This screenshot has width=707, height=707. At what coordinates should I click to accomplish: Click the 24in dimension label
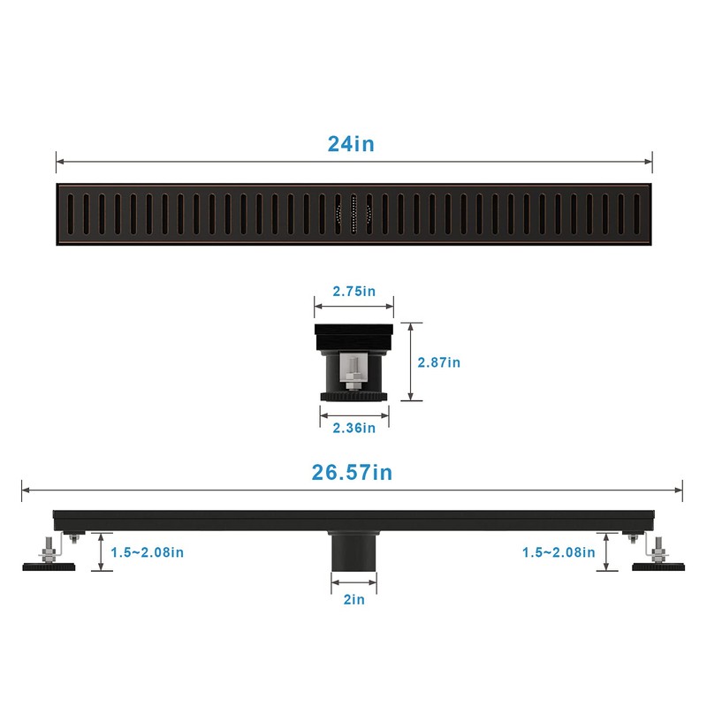(351, 143)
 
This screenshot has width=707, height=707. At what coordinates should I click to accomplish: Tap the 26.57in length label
(351, 472)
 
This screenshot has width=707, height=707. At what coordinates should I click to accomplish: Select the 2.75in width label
(353, 291)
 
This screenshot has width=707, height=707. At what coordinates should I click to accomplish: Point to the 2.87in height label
(439, 361)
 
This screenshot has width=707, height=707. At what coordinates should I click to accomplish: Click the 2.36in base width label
(353, 428)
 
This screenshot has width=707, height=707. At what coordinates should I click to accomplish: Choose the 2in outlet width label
(353, 600)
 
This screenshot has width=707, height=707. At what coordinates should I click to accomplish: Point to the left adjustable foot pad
(49, 564)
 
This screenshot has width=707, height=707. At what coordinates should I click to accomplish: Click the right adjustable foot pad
(658, 564)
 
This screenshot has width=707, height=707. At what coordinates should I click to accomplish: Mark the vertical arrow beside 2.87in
(410, 361)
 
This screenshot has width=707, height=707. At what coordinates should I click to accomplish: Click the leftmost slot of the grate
(72, 214)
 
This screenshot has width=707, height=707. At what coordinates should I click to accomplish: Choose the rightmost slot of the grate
(636, 214)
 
